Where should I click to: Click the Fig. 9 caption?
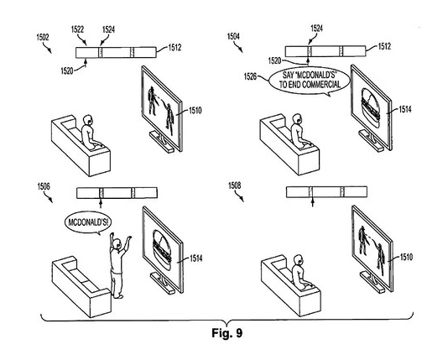[227, 333]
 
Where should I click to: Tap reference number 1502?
[43, 37]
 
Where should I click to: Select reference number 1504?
[233, 36]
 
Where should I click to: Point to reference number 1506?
[44, 186]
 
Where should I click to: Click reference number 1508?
[234, 185]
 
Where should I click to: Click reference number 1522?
[77, 29]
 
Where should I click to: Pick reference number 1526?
[250, 76]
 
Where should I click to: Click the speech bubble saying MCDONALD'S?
[88, 222]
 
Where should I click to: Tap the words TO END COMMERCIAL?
[310, 84]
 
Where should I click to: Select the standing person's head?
[117, 244]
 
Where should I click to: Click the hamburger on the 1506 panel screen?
[162, 247]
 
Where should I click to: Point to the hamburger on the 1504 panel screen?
[371, 106]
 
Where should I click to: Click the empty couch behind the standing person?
[81, 286]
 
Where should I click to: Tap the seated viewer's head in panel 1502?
[88, 120]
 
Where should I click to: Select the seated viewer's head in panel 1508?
[298, 259]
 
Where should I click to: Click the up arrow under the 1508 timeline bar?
[313, 202]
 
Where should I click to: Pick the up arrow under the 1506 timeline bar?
[101, 203]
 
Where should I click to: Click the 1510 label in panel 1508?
[407, 257]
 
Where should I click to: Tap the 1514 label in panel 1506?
[196, 258]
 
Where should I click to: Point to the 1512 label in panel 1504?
[384, 46]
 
